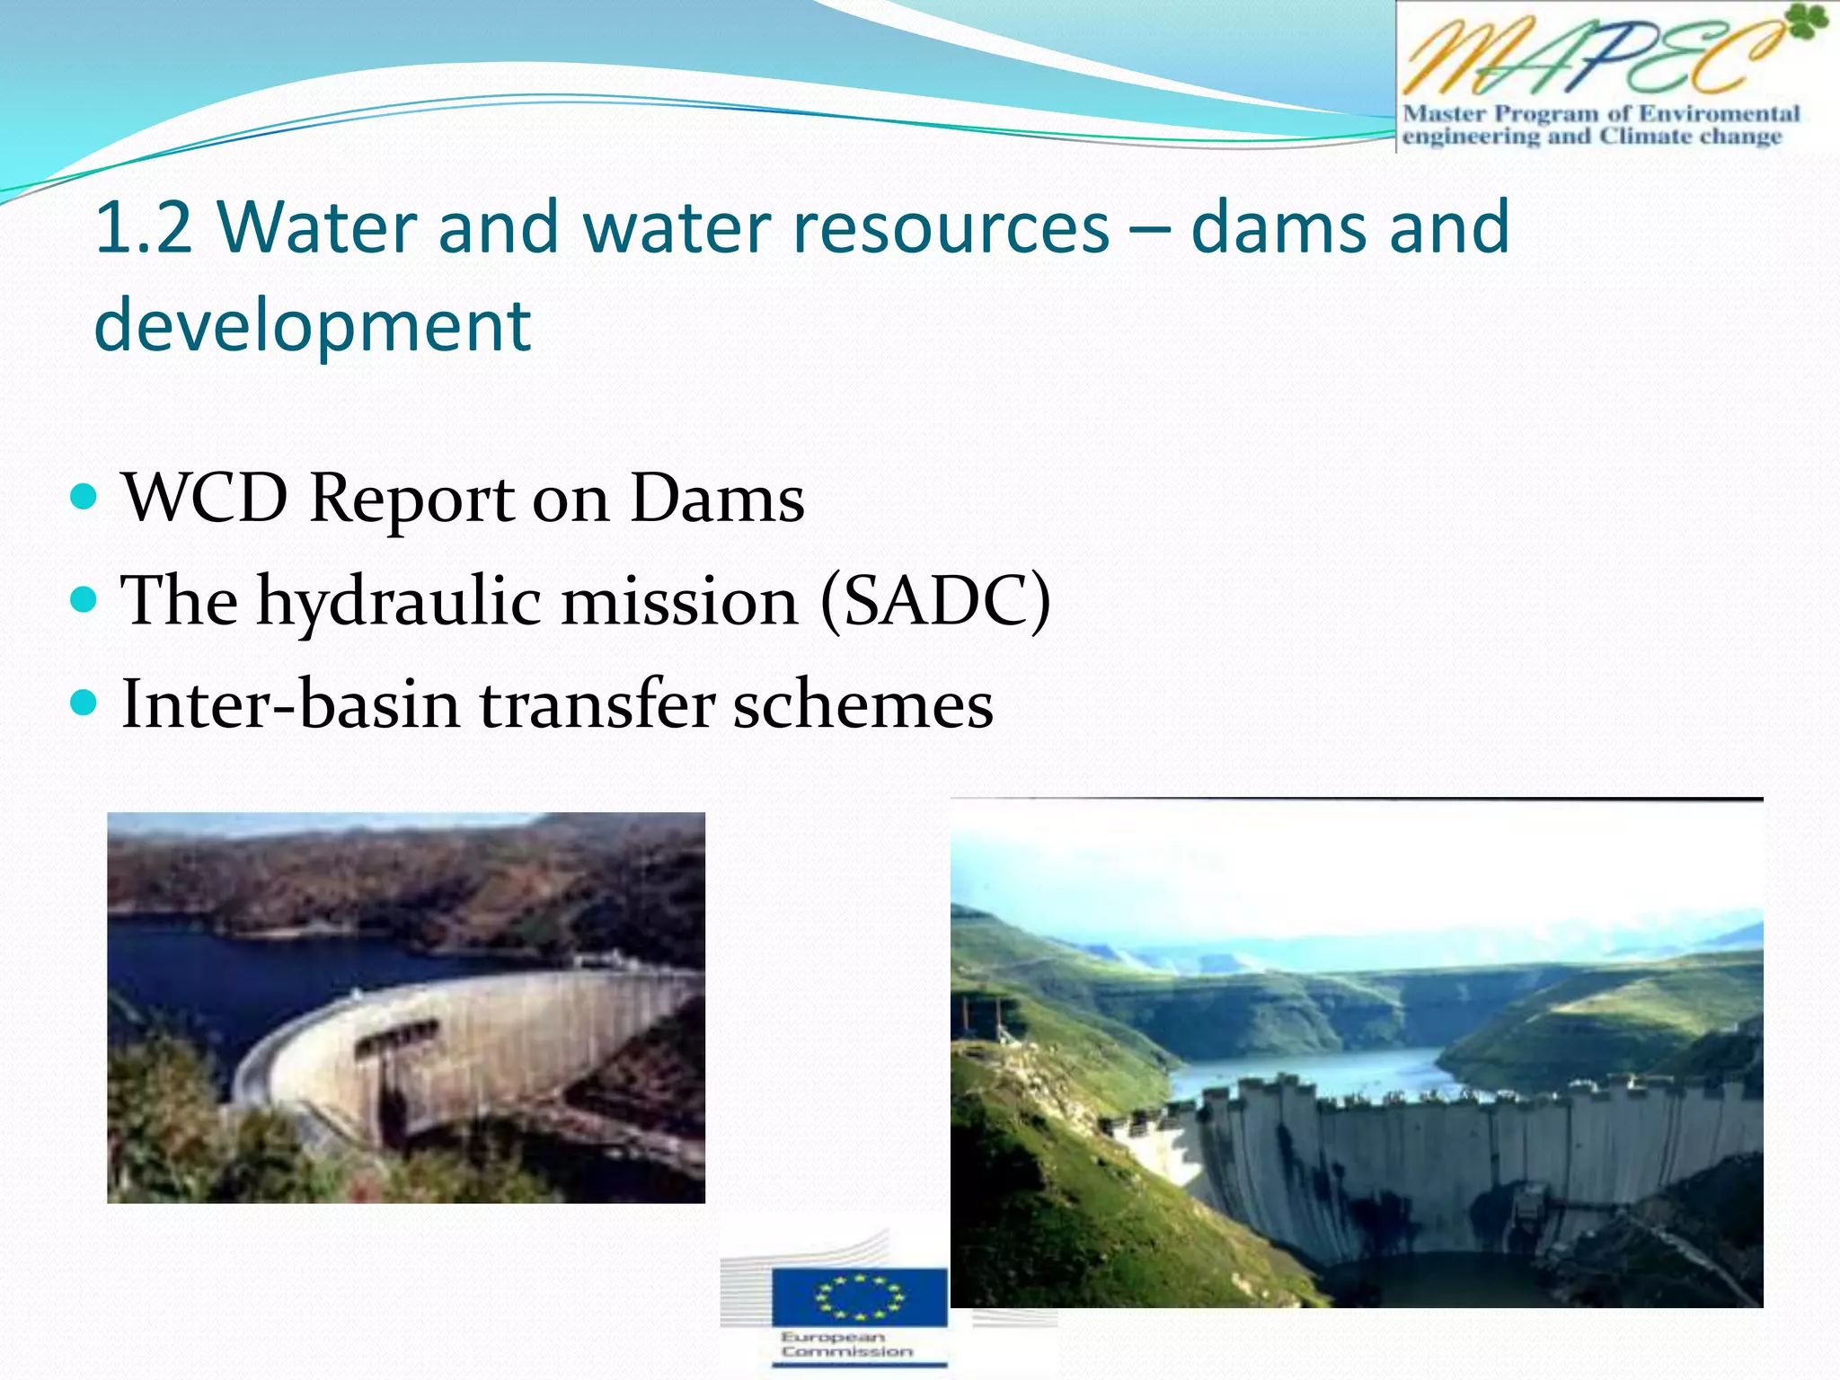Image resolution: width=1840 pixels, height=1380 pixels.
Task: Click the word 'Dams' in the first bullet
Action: [x=716, y=499]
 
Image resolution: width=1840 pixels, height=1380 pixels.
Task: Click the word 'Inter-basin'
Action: [x=290, y=704]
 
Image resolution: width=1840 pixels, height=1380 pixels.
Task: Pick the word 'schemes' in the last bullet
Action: [x=862, y=704]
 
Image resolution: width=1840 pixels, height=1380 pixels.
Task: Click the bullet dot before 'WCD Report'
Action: [x=83, y=496]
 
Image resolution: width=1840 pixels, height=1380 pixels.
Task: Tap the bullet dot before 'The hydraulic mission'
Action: [x=83, y=599]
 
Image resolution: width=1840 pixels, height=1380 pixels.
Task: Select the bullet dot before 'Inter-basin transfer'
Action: [x=83, y=702]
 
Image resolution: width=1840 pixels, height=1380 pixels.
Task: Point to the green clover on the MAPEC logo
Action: [x=1806, y=23]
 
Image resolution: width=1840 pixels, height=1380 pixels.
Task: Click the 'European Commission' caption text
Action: [x=845, y=1345]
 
